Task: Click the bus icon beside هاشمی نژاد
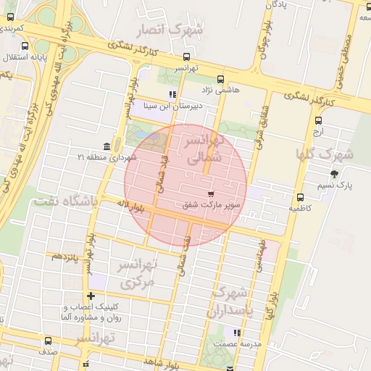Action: click(x=220, y=80)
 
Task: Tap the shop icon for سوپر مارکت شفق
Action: click(x=211, y=194)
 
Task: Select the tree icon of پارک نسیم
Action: click(x=334, y=174)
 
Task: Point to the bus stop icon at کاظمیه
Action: click(x=299, y=197)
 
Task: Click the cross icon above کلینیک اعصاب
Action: click(x=91, y=296)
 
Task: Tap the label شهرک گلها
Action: click(x=323, y=154)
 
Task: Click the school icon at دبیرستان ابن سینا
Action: click(x=172, y=94)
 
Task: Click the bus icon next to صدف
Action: click(x=49, y=341)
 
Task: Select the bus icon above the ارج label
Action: click(x=317, y=121)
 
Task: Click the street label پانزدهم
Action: click(x=63, y=257)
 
